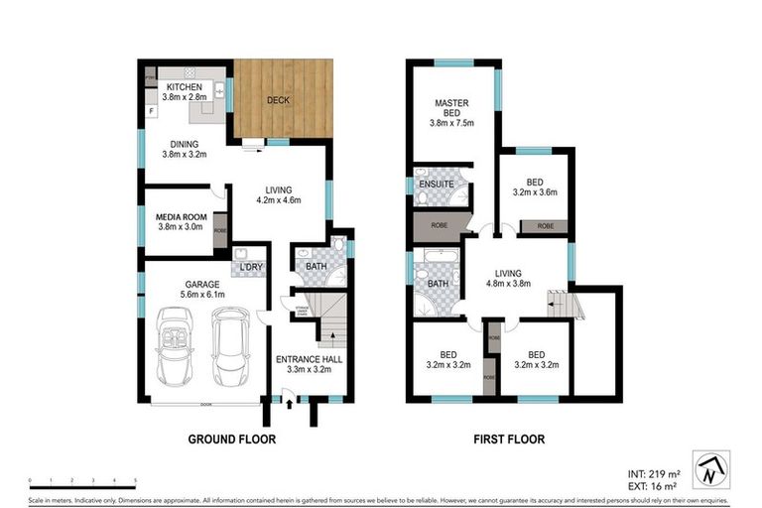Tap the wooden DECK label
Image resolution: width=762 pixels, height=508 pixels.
284,100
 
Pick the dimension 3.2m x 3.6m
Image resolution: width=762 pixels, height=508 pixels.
536,195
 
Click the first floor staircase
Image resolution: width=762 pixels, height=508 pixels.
561,302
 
